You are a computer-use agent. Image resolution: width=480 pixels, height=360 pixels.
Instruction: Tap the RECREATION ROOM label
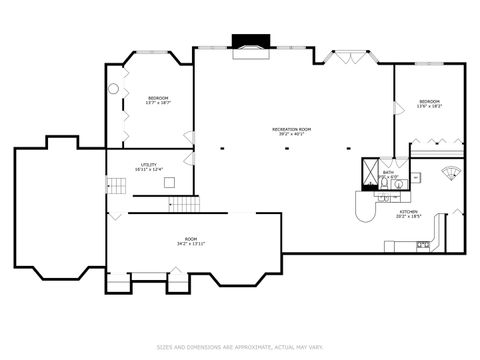[292, 128]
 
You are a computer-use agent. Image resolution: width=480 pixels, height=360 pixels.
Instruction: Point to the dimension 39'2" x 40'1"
[292, 134]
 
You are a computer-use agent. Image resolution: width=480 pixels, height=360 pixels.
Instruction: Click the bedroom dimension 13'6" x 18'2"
[430, 106]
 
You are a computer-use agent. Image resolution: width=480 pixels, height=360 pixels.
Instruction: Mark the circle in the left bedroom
[113, 89]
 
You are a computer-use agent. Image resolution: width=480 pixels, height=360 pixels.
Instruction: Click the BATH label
[388, 172]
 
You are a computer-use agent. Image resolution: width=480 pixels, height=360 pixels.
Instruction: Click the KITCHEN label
[409, 211]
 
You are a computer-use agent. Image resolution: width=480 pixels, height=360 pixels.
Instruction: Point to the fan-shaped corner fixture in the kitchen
[450, 171]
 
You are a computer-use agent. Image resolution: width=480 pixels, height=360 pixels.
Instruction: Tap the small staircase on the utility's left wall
[111, 183]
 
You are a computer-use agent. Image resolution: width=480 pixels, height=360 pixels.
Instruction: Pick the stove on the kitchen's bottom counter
[423, 244]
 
